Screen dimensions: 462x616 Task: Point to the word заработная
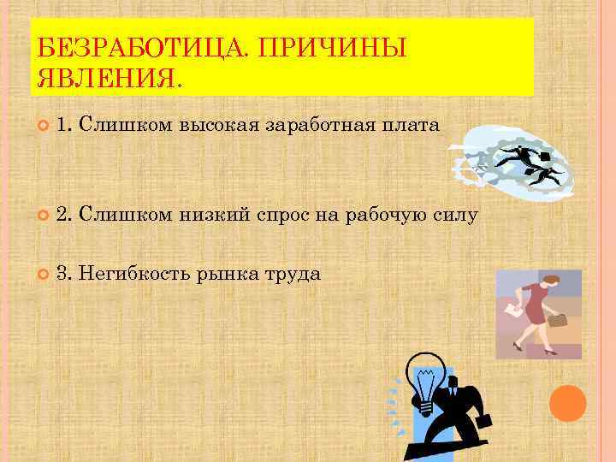pos(317,127)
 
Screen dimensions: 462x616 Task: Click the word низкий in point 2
pos(215,215)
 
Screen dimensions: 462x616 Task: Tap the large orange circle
pos(567,403)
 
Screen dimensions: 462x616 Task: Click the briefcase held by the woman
pos(557,321)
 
